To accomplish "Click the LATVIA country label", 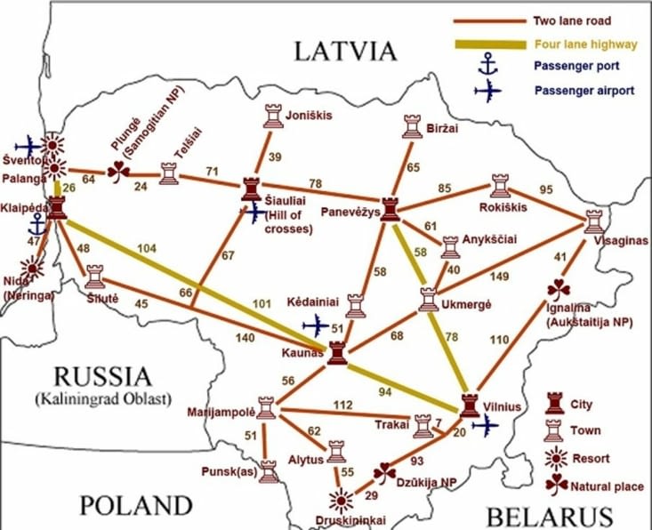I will tap(347, 51).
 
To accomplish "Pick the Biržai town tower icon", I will tap(411, 127).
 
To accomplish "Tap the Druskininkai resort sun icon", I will tap(337, 499).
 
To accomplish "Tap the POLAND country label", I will tap(136, 506).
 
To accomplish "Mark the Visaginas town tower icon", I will tap(593, 222).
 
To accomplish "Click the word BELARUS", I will tap(549, 515).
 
